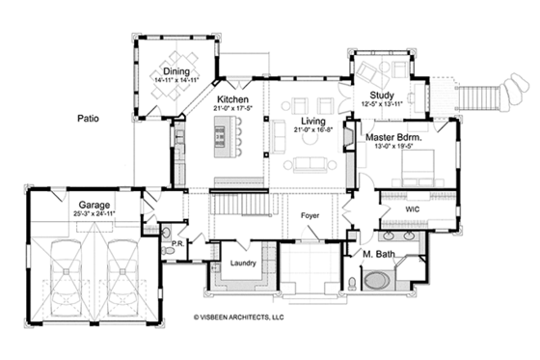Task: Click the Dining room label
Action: (x=175, y=70)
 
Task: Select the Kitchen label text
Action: (x=233, y=99)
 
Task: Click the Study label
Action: (x=381, y=94)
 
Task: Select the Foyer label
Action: (x=310, y=215)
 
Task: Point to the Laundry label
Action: (x=241, y=262)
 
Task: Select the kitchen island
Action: (x=229, y=146)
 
